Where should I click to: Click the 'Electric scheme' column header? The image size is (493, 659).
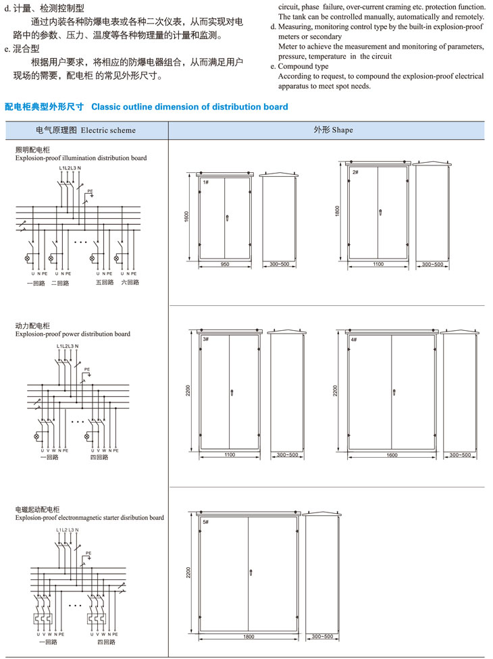click(86, 130)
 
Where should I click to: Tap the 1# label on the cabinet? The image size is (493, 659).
click(205, 183)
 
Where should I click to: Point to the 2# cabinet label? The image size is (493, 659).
click(355, 172)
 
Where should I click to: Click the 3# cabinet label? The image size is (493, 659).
click(205, 338)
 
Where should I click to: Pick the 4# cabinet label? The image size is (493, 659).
click(354, 338)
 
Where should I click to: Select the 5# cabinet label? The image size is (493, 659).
click(205, 522)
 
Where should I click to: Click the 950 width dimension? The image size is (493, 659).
click(224, 264)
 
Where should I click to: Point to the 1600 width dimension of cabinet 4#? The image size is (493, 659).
click(392, 455)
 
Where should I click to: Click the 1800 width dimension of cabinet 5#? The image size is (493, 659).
click(249, 637)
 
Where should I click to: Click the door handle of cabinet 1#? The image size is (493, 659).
click(227, 217)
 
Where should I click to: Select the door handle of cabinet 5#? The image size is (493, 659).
click(251, 573)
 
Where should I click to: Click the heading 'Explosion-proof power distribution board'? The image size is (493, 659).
click(72, 334)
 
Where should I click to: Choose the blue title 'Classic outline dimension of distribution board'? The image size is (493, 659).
click(189, 107)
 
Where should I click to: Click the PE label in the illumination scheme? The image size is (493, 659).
click(90, 191)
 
